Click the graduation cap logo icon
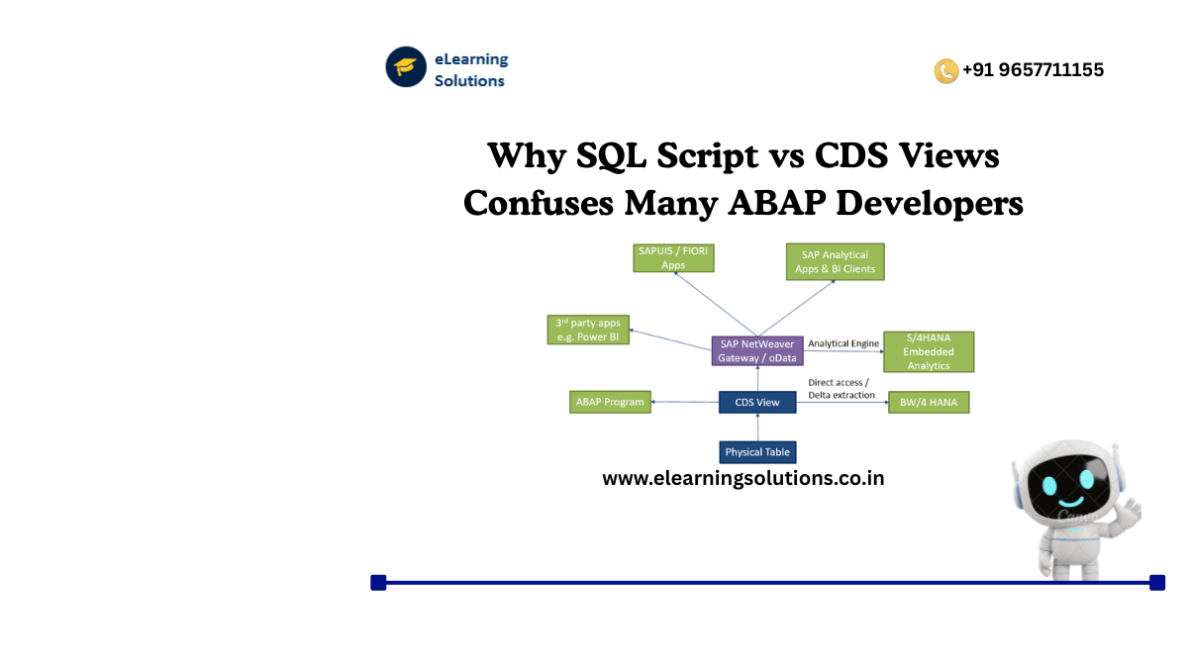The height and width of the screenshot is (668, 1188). pos(406,67)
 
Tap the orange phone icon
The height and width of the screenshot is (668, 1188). pos(945,70)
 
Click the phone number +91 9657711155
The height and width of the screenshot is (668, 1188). pos(1033,70)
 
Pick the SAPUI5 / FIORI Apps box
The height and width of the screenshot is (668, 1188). pos(673,258)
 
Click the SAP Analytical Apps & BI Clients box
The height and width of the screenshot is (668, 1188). pos(835,262)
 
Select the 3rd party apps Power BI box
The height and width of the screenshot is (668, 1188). pos(588,330)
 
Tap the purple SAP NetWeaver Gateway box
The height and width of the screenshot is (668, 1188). pos(757,349)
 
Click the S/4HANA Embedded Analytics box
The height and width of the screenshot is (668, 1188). pos(928,351)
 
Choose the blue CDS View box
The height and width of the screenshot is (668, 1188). pos(757,402)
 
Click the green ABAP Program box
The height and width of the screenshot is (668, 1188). pos(610,402)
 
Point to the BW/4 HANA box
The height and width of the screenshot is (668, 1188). pos(928,403)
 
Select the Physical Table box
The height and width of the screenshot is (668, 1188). pos(757,452)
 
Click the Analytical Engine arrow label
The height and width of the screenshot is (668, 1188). pos(842,343)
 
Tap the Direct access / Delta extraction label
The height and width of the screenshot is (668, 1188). pos(841,388)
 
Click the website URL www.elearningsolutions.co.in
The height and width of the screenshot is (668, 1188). pos(742,479)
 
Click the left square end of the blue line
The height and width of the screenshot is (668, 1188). pos(378,582)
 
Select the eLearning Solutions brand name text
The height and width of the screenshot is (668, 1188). pos(470,70)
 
